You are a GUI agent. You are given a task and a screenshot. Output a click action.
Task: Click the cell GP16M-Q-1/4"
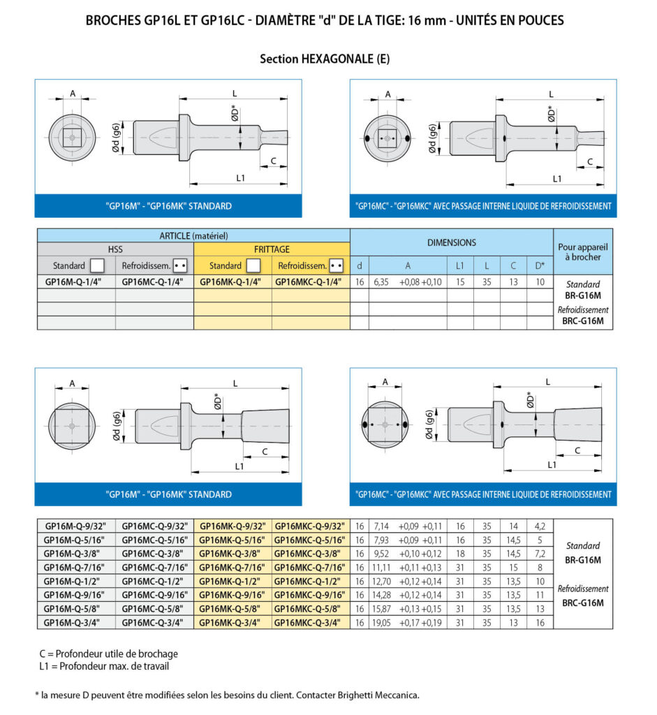[73, 282]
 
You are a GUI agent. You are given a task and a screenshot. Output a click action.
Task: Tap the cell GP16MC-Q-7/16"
[154, 567]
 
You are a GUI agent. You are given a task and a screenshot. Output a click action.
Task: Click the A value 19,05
[382, 622]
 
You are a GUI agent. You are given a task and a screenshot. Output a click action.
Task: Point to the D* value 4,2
[540, 526]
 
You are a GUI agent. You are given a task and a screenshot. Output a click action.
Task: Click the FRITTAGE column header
[272, 249]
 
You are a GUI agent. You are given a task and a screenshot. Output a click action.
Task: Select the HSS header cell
[115, 249]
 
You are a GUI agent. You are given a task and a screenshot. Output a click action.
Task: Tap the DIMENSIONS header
[451, 242]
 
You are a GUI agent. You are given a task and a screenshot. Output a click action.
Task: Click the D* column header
[540, 265]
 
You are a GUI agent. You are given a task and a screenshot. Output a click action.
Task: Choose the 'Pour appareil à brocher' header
[583, 251]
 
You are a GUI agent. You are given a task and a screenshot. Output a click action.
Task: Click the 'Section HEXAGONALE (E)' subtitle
[325, 59]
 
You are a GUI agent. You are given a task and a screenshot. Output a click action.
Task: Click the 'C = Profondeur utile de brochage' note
[108, 654]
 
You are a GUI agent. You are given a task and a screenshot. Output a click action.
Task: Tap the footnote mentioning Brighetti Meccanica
[227, 695]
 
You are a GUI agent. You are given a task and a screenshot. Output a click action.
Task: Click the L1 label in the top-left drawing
[240, 178]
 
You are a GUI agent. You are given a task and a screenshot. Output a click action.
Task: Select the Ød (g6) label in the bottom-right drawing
[429, 425]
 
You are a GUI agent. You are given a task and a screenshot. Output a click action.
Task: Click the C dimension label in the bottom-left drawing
[265, 452]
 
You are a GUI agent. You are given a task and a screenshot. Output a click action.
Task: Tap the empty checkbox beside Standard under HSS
[97, 265]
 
